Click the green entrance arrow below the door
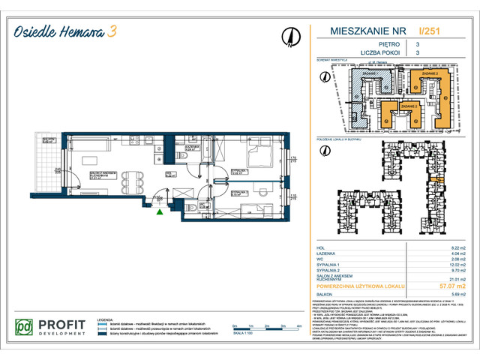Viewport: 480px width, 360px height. (x=159, y=212)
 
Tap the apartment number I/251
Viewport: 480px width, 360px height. (x=429, y=31)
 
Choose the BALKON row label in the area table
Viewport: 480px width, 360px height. (x=328, y=294)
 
